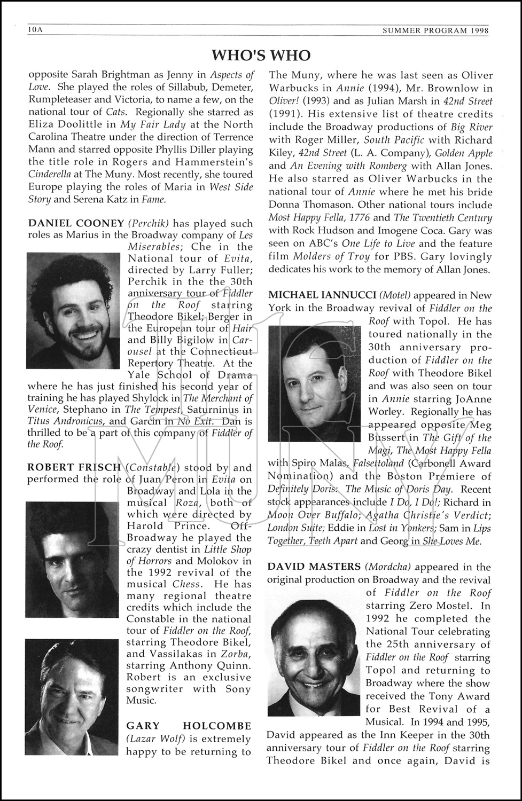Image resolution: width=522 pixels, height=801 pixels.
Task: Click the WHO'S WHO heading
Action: tap(261, 56)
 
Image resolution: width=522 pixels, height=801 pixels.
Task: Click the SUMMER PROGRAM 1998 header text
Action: tap(436, 30)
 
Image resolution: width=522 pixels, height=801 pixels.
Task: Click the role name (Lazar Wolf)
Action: tap(151, 739)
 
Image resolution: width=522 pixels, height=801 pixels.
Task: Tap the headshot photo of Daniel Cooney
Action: tap(73, 310)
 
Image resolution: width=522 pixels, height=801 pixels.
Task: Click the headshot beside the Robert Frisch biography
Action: tap(72, 560)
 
